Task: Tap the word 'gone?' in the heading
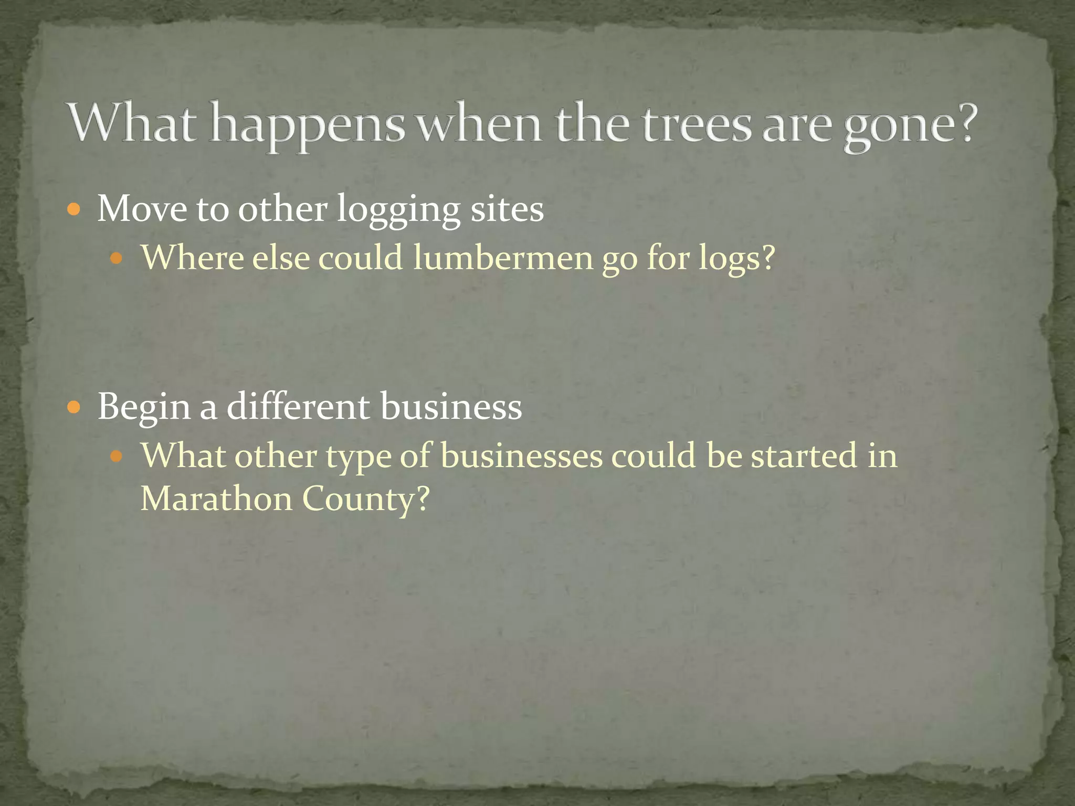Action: click(911, 126)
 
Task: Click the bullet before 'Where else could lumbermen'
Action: click(117, 258)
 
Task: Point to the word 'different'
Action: click(299, 406)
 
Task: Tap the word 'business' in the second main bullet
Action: click(451, 406)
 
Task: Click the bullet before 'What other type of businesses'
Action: click(117, 455)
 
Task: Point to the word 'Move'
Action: click(142, 209)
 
